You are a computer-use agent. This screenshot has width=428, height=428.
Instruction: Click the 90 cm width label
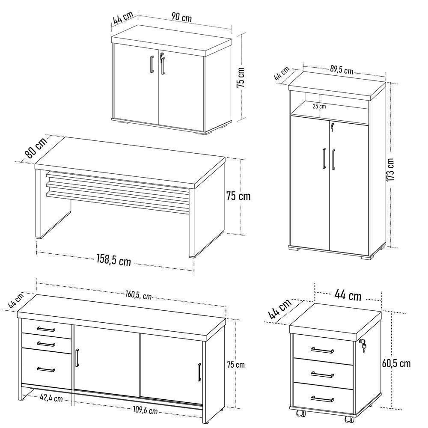(x=181, y=17)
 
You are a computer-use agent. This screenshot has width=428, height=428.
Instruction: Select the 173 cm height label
(x=390, y=169)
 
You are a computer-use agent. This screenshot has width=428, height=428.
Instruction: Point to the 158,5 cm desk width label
(x=113, y=260)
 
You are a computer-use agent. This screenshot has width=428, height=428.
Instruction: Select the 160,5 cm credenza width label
(x=139, y=295)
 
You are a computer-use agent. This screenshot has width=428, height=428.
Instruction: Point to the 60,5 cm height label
(x=396, y=363)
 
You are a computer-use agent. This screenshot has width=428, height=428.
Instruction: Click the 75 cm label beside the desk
(x=238, y=196)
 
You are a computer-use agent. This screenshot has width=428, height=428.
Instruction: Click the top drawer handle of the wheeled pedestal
(x=322, y=351)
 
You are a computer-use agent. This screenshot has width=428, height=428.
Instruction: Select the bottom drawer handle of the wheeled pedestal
(x=322, y=399)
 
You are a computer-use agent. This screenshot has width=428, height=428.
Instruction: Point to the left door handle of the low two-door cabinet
(x=152, y=65)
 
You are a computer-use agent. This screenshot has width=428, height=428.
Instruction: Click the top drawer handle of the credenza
(x=46, y=329)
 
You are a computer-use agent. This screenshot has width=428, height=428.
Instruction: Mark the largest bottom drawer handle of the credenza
(x=46, y=369)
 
